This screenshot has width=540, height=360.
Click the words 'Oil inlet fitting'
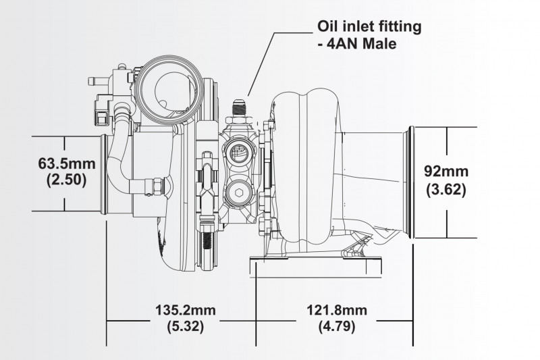[x=369, y=28]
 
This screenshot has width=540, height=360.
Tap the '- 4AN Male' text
[x=354, y=46]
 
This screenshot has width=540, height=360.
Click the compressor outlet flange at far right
[x=410, y=181]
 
